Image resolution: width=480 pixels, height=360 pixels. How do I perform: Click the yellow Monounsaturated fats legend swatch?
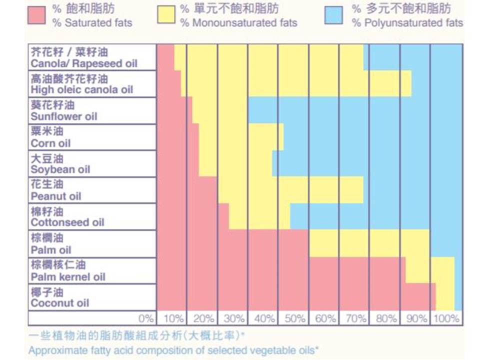(166, 15)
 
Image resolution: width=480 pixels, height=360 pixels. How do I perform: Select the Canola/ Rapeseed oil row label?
(83, 58)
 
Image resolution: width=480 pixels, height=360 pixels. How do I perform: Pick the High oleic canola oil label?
(82, 84)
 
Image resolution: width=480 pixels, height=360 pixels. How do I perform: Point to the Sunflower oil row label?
(64, 111)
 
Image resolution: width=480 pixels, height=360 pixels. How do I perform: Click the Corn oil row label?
(51, 137)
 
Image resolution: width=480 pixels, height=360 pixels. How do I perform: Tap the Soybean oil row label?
(60, 164)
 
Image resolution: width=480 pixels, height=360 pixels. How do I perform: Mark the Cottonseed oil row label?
(67, 217)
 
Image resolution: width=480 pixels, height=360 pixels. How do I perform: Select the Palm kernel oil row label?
(68, 271)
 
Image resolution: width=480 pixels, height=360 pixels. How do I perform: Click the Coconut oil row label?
(60, 297)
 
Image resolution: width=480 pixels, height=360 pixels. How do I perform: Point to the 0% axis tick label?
(145, 318)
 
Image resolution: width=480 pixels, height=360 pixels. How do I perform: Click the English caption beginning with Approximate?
(173, 349)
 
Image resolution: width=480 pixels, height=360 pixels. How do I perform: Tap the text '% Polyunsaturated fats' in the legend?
(407, 23)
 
